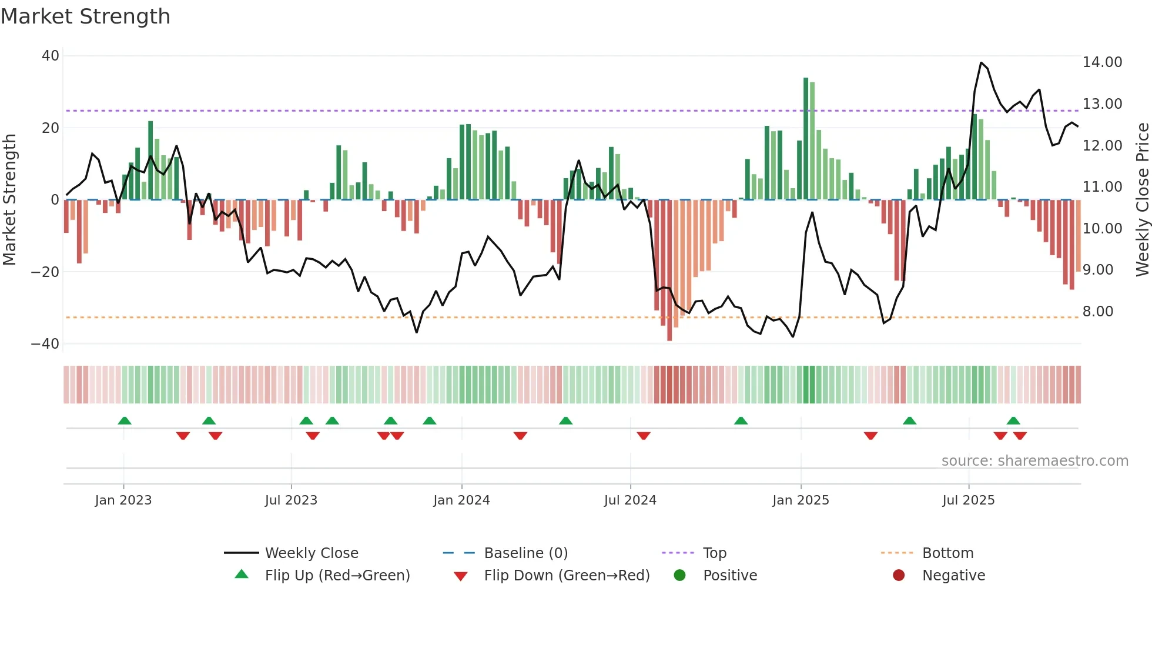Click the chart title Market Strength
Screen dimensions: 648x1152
click(x=85, y=16)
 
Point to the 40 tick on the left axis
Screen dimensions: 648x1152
click(x=51, y=56)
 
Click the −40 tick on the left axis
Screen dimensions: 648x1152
click(x=45, y=344)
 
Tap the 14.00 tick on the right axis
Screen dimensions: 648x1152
click(x=1102, y=62)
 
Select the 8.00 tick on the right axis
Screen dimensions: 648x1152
click(x=1097, y=312)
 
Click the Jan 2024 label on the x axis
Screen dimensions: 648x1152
click(x=461, y=500)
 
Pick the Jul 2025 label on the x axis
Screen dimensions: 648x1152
click(x=968, y=500)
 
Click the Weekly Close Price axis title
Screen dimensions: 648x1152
click(x=1142, y=200)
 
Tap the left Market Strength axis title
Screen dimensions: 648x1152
click(x=9, y=200)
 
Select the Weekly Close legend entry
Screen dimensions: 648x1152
click(x=311, y=553)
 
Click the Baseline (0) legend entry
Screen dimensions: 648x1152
click(x=525, y=553)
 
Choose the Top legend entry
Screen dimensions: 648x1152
click(x=714, y=553)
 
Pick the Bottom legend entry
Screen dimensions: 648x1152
click(x=947, y=553)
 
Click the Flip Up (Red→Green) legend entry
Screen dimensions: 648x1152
click(x=337, y=576)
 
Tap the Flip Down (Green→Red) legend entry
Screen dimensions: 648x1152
click(x=567, y=576)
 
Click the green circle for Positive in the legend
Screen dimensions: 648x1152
click(x=679, y=576)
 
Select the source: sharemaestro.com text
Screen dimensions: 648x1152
click(x=1034, y=461)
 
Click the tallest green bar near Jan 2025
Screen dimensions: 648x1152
click(x=806, y=139)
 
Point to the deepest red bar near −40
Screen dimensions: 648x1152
click(x=669, y=270)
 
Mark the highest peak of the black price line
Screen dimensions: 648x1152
click(x=981, y=63)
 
